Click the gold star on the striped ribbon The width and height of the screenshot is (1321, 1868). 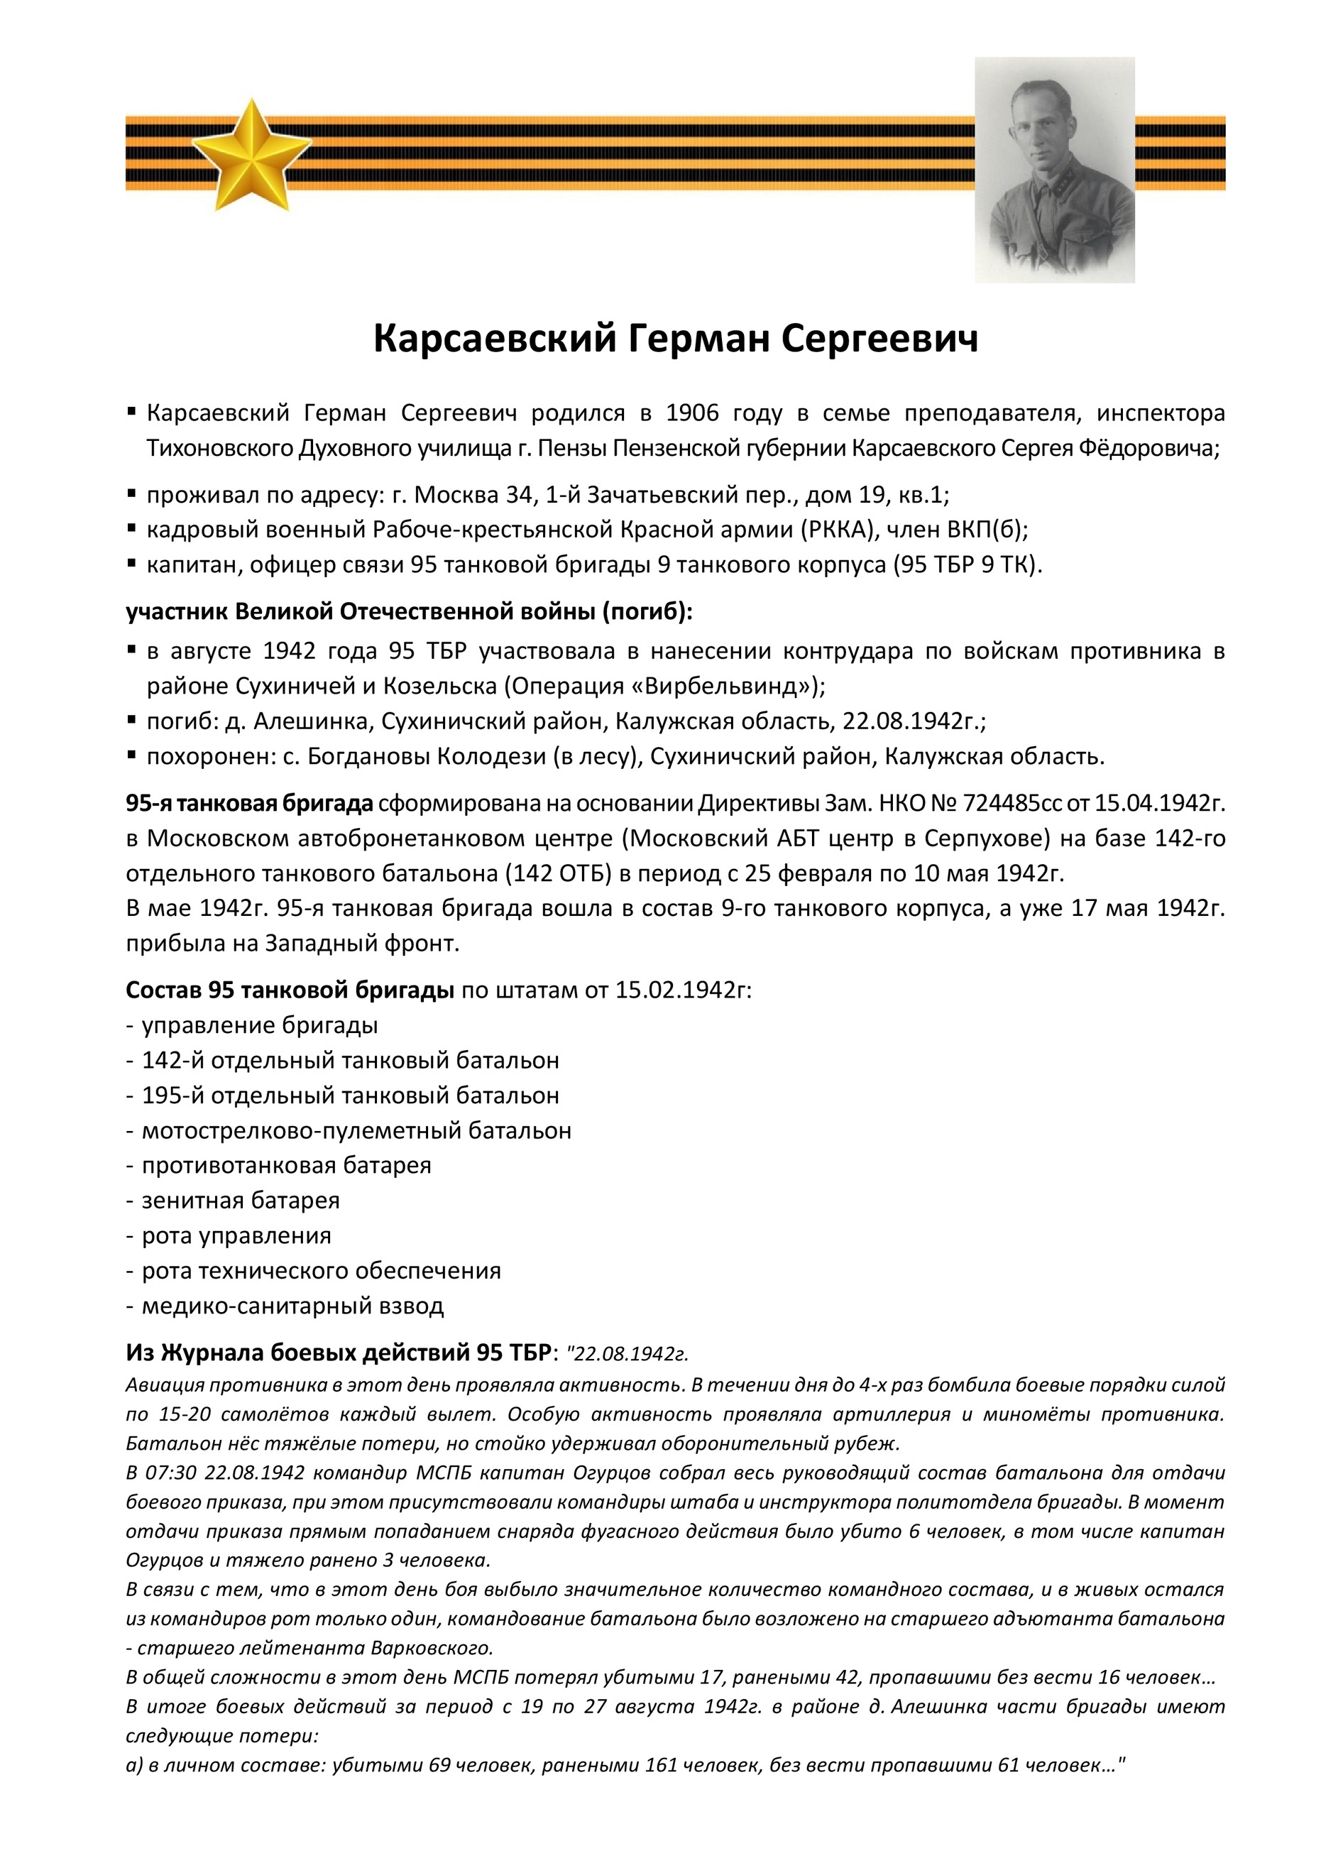coord(251,155)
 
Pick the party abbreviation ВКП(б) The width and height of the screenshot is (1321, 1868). coord(987,530)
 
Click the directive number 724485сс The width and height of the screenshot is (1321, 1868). coord(1012,803)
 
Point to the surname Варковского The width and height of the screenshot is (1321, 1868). coord(432,1649)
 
